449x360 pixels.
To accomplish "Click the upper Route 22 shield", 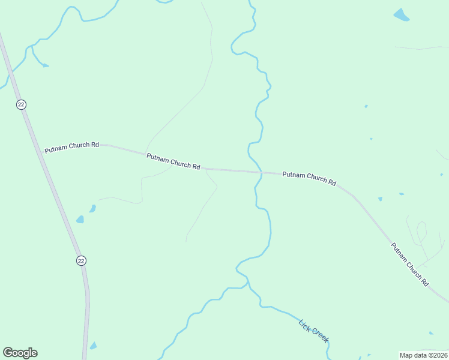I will [x=21, y=104].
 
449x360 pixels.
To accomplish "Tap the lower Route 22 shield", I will [x=81, y=260].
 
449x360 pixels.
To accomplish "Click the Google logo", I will [x=20, y=353].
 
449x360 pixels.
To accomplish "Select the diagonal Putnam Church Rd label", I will [x=410, y=264].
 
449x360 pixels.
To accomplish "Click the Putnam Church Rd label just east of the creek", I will [x=309, y=178].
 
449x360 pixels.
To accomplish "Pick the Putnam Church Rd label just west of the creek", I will [x=173, y=161].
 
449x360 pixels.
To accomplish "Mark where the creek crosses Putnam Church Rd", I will [x=261, y=173].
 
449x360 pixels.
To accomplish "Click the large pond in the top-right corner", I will [x=401, y=15].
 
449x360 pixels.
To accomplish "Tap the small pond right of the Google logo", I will [x=93, y=346].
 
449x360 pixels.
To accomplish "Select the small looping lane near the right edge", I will [x=421, y=232].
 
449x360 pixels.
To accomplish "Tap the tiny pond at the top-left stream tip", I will [x=46, y=65].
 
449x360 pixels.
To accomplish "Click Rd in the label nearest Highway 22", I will [x=95, y=145].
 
